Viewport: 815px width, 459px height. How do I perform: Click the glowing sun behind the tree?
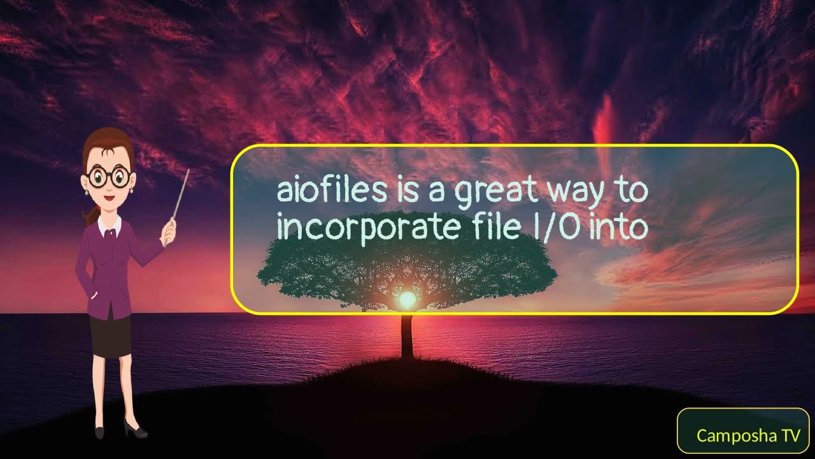[x=407, y=298]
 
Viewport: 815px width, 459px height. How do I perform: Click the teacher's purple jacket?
[x=108, y=268]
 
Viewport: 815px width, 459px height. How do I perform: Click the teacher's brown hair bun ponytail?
[x=90, y=214]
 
